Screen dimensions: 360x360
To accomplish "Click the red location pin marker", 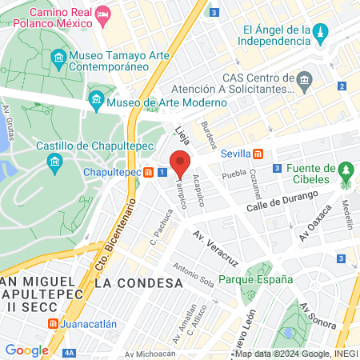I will pos(179,162).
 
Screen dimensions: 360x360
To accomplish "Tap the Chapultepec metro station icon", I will pos(149,172).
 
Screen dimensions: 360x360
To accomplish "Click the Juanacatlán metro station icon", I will pos(53,324).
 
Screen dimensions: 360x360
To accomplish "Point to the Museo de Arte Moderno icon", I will pos(96,101).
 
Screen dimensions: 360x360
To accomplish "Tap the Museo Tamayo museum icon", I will pos(58,58).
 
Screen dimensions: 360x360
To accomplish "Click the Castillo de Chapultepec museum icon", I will pos(54,165).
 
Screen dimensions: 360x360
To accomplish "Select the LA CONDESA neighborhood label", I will pos(138,283).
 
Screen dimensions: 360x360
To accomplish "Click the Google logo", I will pos(26,350).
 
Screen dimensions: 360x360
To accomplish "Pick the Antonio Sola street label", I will pos(192,274).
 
